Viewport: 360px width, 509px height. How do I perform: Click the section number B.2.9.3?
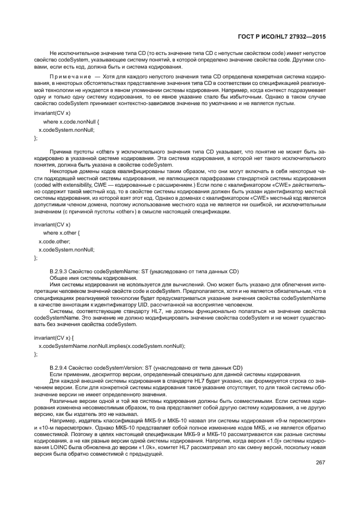coord(59,271)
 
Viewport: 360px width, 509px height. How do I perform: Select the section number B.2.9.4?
coord(59,368)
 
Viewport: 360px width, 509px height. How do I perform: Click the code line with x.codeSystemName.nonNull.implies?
coord(112,346)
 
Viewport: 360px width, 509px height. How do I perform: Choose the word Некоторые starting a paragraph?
coord(63,171)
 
